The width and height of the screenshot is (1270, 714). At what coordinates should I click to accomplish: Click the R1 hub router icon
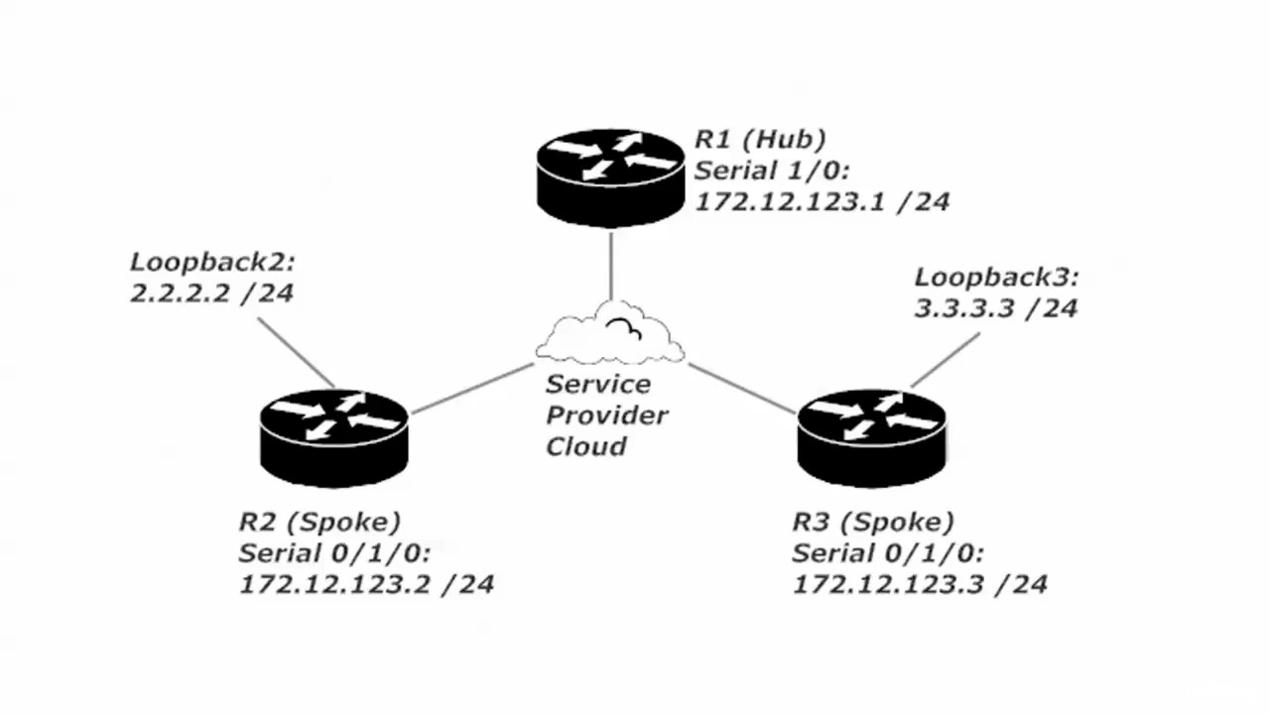pyautogui.click(x=610, y=177)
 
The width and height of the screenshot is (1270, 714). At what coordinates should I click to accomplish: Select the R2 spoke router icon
pyautogui.click(x=334, y=436)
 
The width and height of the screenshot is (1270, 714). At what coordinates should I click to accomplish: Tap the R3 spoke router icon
pyautogui.click(x=871, y=436)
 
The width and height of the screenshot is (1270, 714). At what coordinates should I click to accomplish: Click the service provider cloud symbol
pyautogui.click(x=609, y=335)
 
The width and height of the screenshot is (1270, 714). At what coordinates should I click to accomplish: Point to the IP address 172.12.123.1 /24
pyautogui.click(x=822, y=201)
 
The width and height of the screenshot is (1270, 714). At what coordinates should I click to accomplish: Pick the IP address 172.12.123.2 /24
pyautogui.click(x=366, y=583)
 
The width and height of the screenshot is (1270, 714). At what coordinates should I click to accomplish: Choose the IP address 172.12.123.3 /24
pyautogui.click(x=919, y=583)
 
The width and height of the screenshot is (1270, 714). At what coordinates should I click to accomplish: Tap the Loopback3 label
pyautogui.click(x=995, y=278)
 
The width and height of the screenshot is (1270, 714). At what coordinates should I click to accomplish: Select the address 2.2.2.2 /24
pyautogui.click(x=211, y=294)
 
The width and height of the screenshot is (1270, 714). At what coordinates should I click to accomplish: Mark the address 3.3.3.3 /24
pyautogui.click(x=995, y=308)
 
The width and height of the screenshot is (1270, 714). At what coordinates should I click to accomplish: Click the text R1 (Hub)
pyautogui.click(x=760, y=139)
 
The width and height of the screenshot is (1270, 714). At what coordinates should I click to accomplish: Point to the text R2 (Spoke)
pyautogui.click(x=319, y=522)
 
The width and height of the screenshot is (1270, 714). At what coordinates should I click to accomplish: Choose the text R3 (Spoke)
pyautogui.click(x=873, y=522)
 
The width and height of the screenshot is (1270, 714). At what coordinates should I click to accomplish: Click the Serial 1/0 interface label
pyautogui.click(x=762, y=170)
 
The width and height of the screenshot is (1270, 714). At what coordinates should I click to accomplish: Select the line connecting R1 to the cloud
pyautogui.click(x=610, y=266)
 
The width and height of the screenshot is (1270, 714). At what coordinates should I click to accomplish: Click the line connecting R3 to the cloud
pyautogui.click(x=742, y=388)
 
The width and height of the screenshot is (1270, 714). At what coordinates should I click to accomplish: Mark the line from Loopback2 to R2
pyautogui.click(x=296, y=352)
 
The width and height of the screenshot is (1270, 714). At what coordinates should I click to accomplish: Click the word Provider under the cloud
pyautogui.click(x=607, y=415)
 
